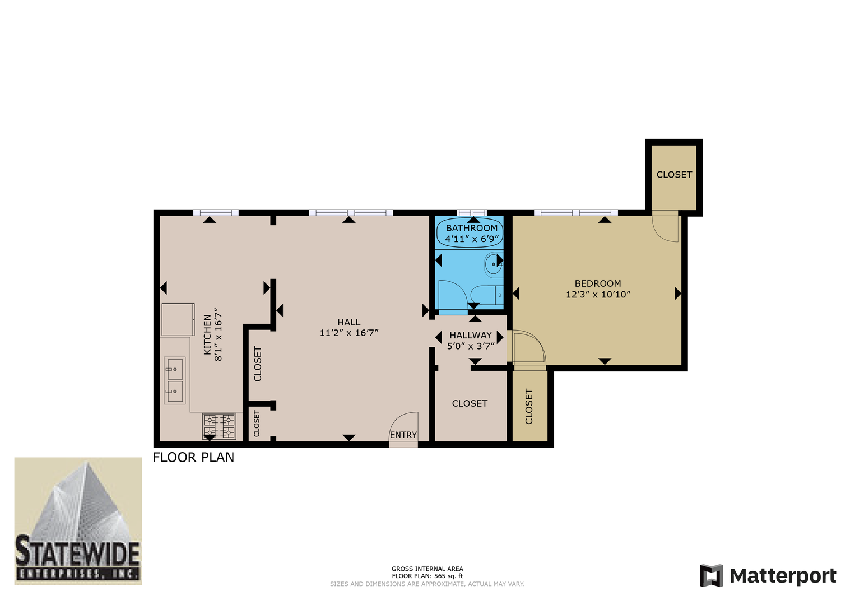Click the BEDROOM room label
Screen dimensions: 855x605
coord(598,283)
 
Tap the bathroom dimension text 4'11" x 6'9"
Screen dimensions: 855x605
coord(472,239)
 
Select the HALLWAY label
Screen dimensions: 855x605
coord(471,335)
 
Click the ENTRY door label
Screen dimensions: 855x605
coord(403,435)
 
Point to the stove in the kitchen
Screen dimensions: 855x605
coord(219,426)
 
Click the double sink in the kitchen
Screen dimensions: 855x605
coord(174,380)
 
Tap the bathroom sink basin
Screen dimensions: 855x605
coord(494,264)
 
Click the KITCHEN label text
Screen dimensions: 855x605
coord(207,334)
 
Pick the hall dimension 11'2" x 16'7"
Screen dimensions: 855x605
coord(349,333)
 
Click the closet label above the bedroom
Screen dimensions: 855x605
coord(674,175)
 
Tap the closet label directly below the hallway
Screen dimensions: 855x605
coord(470,403)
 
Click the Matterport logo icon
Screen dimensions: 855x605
coord(712,576)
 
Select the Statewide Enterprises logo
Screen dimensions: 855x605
coord(78,521)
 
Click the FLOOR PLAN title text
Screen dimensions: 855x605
coord(193,457)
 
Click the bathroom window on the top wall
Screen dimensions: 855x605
coord(472,213)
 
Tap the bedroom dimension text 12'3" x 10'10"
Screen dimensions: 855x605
coord(598,295)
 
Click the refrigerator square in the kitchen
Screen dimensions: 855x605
coord(178,319)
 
